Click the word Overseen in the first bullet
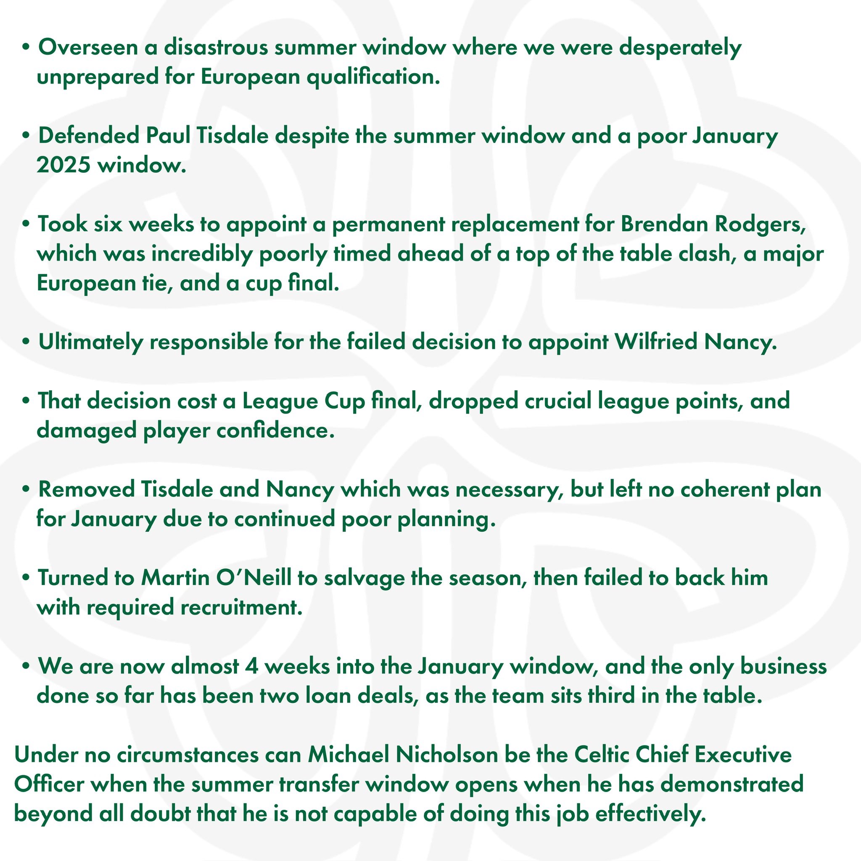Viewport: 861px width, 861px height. pyautogui.click(x=88, y=47)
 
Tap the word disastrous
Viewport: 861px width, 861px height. pyautogui.click(x=216, y=47)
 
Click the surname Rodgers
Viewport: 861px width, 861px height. pyautogui.click(x=760, y=224)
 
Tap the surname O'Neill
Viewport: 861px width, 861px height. pyautogui.click(x=254, y=578)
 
